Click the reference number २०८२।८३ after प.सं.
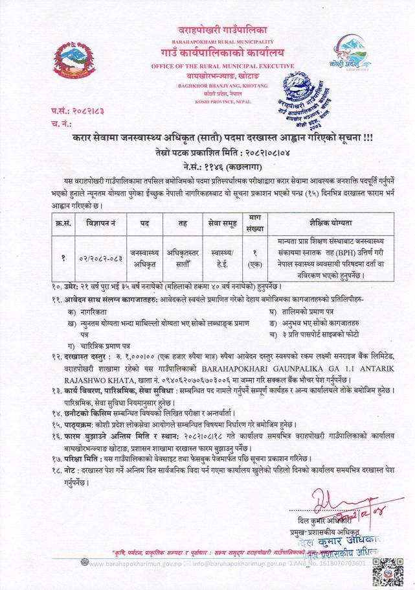pos(86,112)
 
